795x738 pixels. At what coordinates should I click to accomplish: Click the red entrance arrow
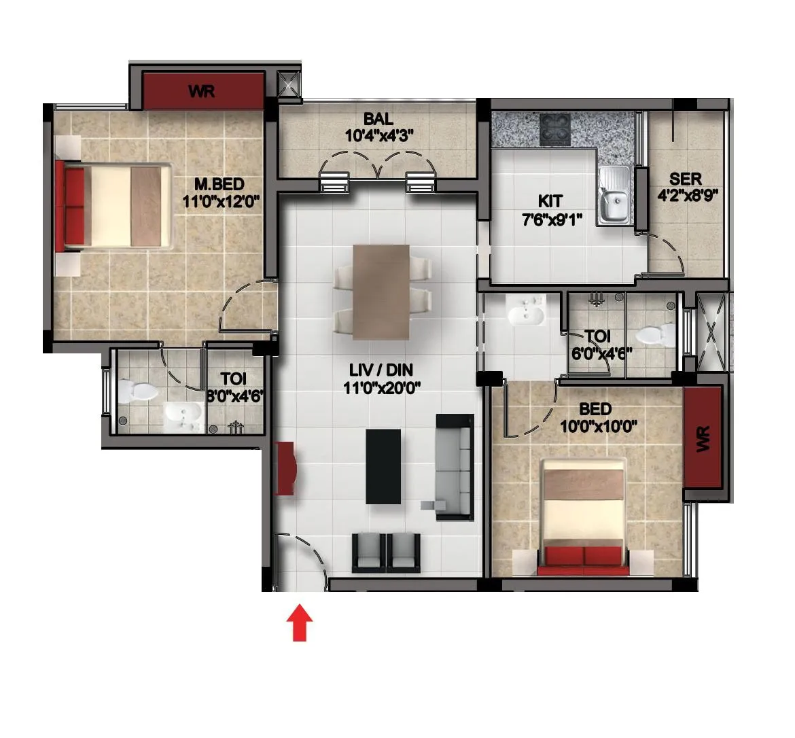click(299, 624)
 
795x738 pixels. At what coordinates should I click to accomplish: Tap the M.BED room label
click(219, 184)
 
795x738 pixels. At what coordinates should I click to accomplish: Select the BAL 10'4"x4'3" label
click(378, 128)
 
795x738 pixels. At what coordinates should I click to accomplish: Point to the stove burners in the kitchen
click(556, 129)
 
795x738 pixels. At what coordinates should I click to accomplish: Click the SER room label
click(686, 179)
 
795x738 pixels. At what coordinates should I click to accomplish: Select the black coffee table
click(383, 466)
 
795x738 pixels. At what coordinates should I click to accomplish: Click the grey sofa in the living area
click(454, 466)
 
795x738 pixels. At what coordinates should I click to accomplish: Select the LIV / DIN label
click(381, 370)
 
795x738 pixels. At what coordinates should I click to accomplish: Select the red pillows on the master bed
click(74, 203)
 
